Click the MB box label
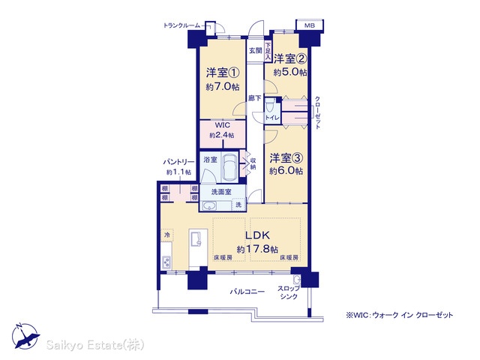click(309, 25)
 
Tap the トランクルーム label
click(181, 25)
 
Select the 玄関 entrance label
click(255, 50)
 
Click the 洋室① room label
click(223, 73)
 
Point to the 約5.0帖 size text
click(290, 72)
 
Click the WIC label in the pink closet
click(223, 125)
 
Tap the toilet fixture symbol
click(269, 106)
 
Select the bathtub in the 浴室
click(229, 167)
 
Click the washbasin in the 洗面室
click(210, 205)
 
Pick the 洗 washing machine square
click(238, 205)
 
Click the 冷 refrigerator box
click(167, 235)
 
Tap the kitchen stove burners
click(166, 262)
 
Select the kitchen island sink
click(196, 238)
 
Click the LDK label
click(258, 235)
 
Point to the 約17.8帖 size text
click(257, 249)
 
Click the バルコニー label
click(247, 292)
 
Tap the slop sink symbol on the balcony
click(296, 280)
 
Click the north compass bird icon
click(25, 336)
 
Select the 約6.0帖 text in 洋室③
click(286, 171)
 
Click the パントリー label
click(178, 162)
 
